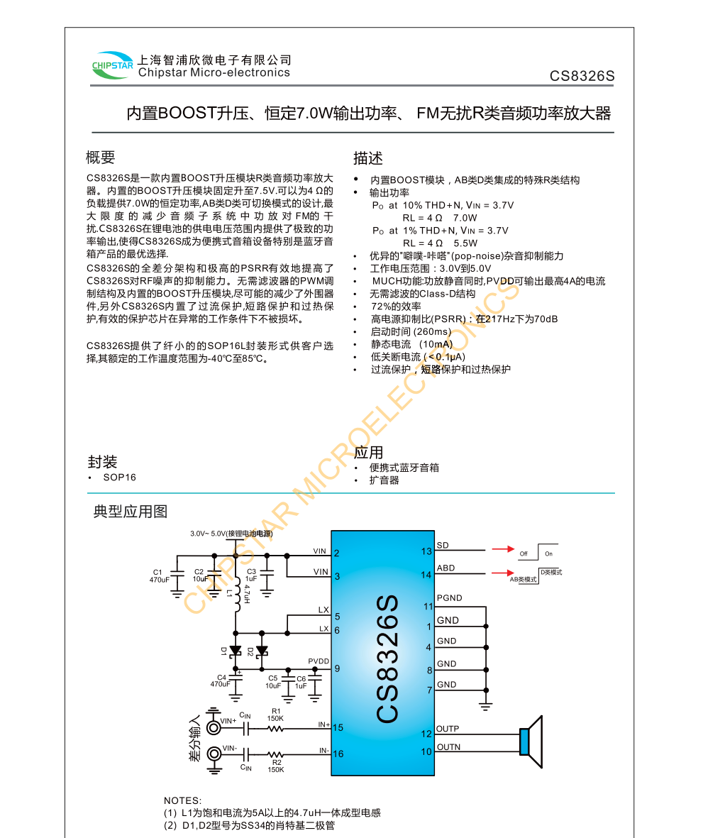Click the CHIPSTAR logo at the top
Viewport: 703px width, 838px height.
click(x=112, y=66)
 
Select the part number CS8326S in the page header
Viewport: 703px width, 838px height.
click(x=582, y=77)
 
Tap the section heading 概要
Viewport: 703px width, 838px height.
click(x=100, y=158)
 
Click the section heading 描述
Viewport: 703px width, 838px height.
click(x=368, y=158)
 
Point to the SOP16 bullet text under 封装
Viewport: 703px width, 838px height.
click(x=119, y=478)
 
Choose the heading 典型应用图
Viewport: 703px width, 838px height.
click(x=131, y=512)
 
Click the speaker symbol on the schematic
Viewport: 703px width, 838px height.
click(x=530, y=741)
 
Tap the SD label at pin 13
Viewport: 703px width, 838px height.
click(x=443, y=546)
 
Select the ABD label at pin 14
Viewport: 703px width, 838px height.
click(x=446, y=568)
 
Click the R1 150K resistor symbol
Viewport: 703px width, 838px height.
click(x=275, y=727)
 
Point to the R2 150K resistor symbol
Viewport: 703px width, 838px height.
click(x=275, y=754)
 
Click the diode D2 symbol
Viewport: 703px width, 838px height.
click(x=262, y=650)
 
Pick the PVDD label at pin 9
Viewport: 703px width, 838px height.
click(x=319, y=661)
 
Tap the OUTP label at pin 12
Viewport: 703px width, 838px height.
click(x=448, y=729)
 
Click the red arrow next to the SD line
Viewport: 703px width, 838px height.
click(x=503, y=548)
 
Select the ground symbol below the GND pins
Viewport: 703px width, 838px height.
click(x=486, y=705)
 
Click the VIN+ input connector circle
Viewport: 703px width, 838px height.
click(x=213, y=727)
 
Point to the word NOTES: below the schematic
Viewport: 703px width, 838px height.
click(x=183, y=800)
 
